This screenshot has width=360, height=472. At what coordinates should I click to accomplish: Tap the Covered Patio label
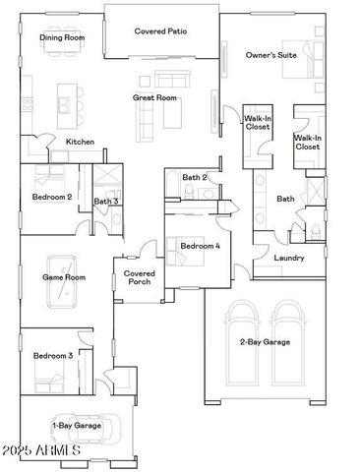point(160,31)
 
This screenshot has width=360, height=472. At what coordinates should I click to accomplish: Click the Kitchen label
point(80,143)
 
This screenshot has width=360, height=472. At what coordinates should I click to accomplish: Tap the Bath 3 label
point(106,202)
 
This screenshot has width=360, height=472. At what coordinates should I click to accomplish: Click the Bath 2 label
point(194,177)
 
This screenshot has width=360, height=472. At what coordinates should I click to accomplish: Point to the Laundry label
point(288,259)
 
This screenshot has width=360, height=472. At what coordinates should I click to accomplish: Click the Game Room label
point(63,278)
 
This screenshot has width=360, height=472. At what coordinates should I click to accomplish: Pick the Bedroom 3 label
point(52,355)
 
